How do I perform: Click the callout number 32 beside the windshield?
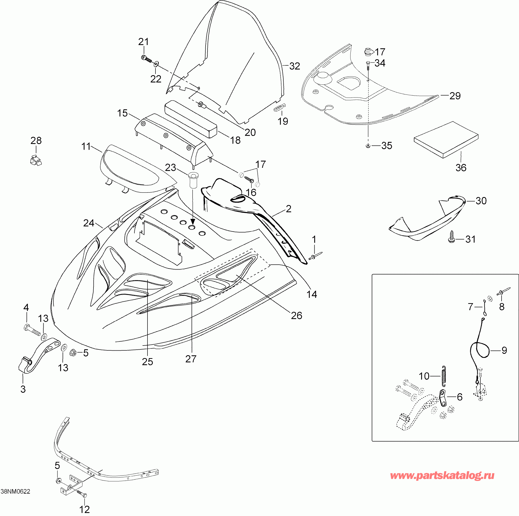click(x=294, y=66)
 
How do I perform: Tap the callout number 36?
click(x=461, y=168)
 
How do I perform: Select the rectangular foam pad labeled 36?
click(x=446, y=140)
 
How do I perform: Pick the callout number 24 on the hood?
click(x=89, y=223)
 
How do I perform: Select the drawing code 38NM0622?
click(x=15, y=492)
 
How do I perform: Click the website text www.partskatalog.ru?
click(x=442, y=475)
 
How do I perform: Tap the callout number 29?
click(x=455, y=96)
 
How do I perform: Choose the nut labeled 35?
click(x=367, y=146)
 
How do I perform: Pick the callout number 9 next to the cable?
click(x=504, y=350)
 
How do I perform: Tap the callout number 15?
click(x=122, y=113)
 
